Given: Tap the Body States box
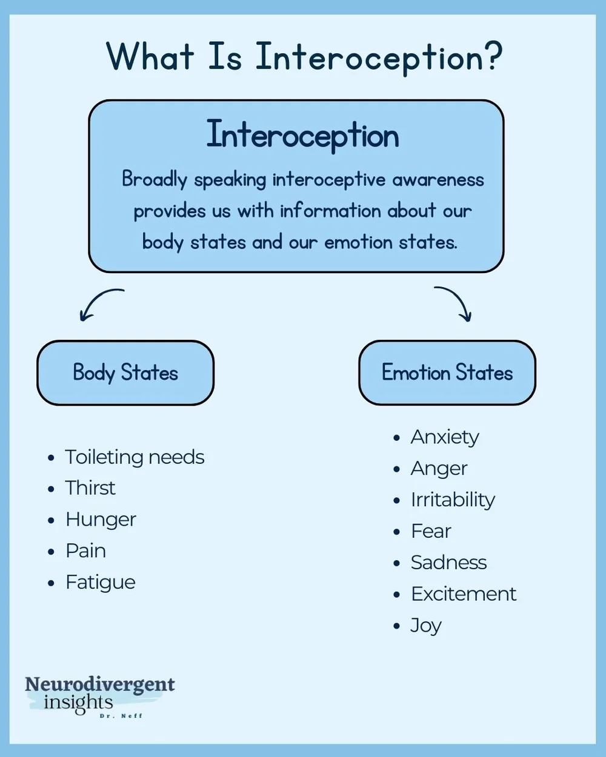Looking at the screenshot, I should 125,372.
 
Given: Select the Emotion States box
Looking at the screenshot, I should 447,372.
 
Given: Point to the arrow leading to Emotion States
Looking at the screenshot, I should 454,302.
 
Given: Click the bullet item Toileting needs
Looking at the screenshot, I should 135,457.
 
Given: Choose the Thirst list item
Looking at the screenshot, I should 90,488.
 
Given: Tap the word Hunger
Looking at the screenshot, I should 101,520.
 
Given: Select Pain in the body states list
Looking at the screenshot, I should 85,550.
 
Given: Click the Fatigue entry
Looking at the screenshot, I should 101,582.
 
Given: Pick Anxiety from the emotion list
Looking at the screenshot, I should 445,437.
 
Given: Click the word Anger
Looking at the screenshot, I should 439,468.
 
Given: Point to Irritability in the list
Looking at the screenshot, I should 453,500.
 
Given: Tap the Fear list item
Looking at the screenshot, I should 431,531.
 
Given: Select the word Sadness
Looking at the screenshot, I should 448,563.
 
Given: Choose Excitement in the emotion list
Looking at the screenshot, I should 464,594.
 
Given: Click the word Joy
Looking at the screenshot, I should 426,626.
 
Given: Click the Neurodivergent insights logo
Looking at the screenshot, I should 99,695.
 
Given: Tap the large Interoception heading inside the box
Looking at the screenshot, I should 302,134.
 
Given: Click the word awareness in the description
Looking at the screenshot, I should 438,180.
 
